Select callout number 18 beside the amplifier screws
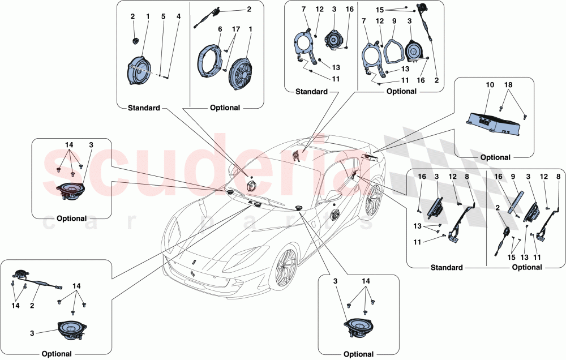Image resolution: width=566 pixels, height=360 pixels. pos(509,85)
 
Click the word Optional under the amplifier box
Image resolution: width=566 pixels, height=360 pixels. pos(495,157)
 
